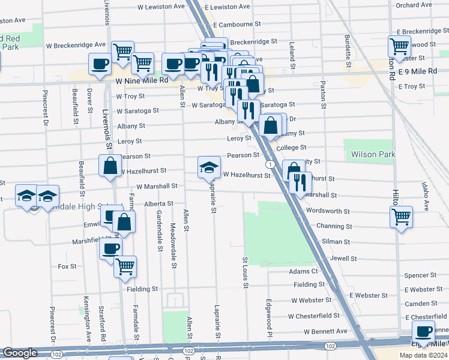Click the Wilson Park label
click(x=373, y=155)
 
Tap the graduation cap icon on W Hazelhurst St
click(x=209, y=167)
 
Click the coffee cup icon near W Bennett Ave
click(x=424, y=331)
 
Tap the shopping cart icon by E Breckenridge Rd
click(x=399, y=45)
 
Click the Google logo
click(x=20, y=353)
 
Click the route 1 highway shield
click(x=271, y=164)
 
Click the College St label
click(x=291, y=147)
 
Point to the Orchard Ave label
click(x=414, y=5)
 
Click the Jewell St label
click(x=343, y=258)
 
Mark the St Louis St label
click(x=245, y=272)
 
